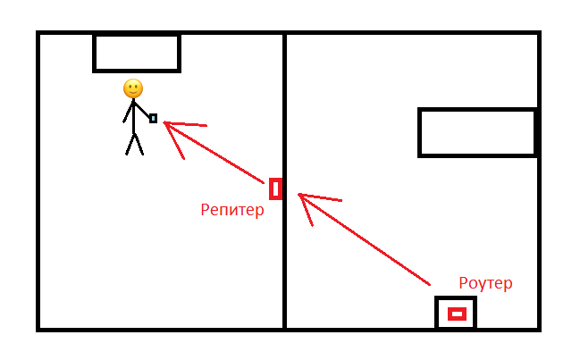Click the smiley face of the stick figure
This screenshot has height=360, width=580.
click(x=133, y=88)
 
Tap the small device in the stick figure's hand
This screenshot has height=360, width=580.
click(x=154, y=118)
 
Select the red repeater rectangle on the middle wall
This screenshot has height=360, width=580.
click(x=275, y=188)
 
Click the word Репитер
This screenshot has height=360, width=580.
click(x=232, y=211)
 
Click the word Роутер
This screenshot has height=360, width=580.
click(x=485, y=283)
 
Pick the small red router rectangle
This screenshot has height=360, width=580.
click(x=457, y=314)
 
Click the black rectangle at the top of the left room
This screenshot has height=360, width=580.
click(x=137, y=54)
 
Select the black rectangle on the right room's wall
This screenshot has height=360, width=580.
click(x=477, y=132)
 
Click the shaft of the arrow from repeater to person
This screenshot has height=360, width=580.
click(x=219, y=157)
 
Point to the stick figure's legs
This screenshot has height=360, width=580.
click(x=134, y=145)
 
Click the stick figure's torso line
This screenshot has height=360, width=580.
click(x=133, y=116)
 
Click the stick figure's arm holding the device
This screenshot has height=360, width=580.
click(x=142, y=110)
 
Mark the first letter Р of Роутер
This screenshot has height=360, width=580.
click(x=463, y=283)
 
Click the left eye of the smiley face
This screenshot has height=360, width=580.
click(x=130, y=86)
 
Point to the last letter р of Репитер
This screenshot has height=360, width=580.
click(x=260, y=213)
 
